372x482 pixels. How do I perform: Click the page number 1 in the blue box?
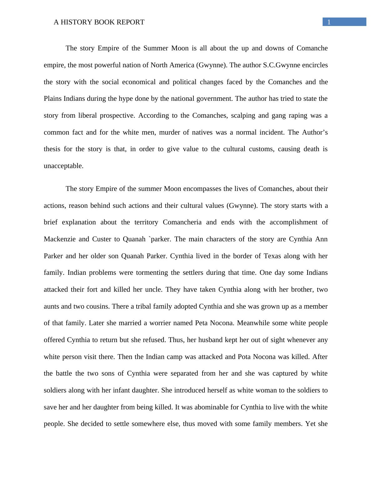coord(329,22)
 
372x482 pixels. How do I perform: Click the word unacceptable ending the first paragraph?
coord(63,166)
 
